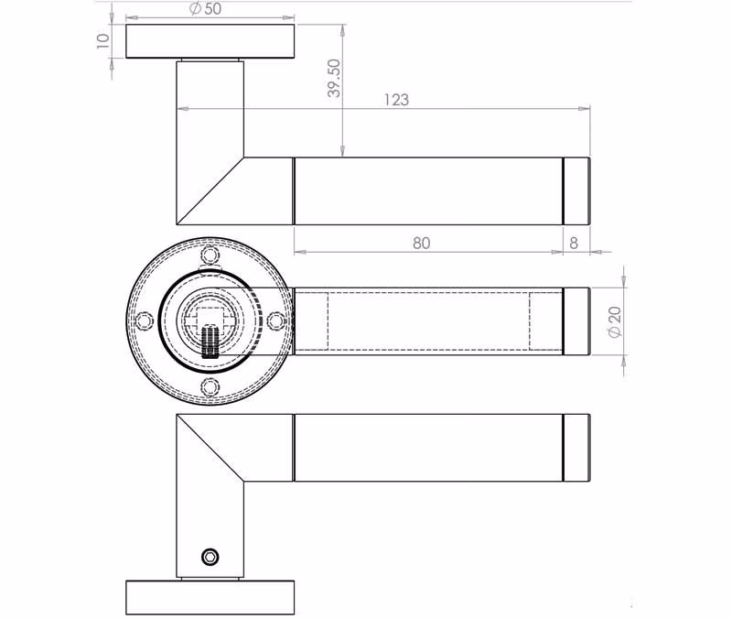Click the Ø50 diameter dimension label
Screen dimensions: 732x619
(205, 9)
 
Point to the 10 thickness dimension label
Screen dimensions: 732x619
(102, 40)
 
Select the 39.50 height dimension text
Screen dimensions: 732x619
(334, 78)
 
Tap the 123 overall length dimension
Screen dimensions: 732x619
(396, 100)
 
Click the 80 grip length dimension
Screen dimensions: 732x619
(421, 243)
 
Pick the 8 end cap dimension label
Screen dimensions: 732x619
(574, 243)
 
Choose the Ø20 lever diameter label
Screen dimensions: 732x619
(615, 321)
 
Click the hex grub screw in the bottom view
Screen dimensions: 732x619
(210, 557)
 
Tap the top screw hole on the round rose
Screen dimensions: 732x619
(210, 255)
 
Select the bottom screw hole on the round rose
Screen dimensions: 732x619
(210, 386)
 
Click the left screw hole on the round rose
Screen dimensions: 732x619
(145, 321)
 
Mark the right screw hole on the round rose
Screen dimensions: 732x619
(276, 321)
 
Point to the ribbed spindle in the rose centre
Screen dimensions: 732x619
(210, 342)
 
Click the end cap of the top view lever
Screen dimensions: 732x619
(576, 191)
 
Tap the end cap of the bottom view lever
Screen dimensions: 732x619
(576, 448)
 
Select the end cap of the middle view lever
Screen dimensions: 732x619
(576, 321)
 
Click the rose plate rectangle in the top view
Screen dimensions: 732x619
(210, 41)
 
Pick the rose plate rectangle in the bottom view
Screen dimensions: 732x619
(210, 598)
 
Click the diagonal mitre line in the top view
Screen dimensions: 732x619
(210, 191)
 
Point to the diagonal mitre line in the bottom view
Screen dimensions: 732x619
(210, 448)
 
